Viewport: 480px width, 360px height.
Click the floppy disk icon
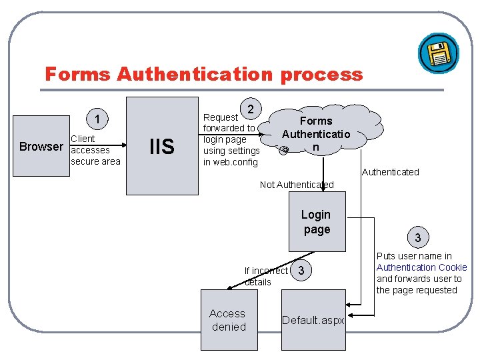(x=438, y=53)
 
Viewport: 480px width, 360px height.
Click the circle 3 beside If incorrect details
(x=302, y=271)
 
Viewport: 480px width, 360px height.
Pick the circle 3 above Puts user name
(x=417, y=237)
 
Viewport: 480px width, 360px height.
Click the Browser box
(x=41, y=147)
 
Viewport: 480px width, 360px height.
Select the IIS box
(x=162, y=146)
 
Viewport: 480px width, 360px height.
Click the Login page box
(x=316, y=222)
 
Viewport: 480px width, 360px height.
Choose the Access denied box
(x=228, y=320)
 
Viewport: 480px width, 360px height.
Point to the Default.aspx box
(x=313, y=320)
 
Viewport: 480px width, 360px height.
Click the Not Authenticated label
(x=297, y=185)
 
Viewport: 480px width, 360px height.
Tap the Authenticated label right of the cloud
(x=390, y=172)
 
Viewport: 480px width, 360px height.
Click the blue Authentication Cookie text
(x=422, y=267)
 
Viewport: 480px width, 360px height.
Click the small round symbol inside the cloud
(x=285, y=149)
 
